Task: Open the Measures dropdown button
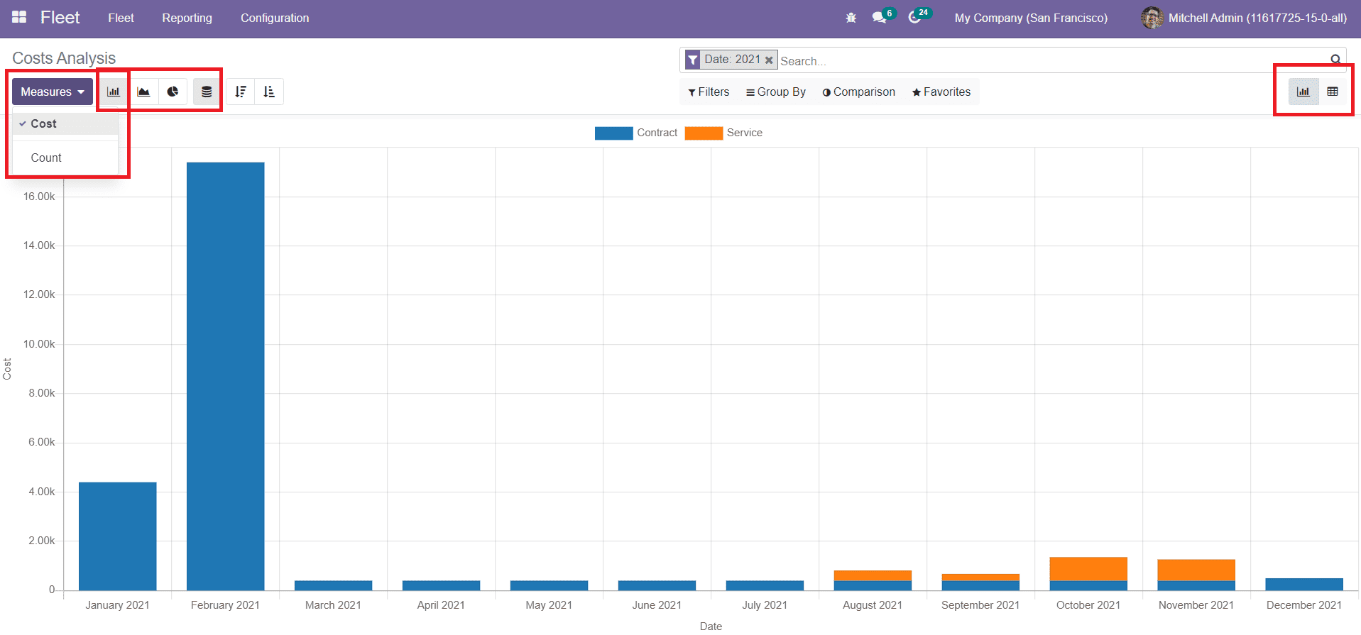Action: click(52, 92)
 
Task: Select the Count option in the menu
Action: click(46, 158)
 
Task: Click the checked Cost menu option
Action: click(43, 123)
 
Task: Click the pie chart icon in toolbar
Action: click(173, 92)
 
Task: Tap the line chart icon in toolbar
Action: click(143, 92)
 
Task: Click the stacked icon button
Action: click(207, 92)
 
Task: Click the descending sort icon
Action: click(241, 92)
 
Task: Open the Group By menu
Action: click(775, 92)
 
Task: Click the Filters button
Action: click(709, 92)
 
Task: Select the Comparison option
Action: click(858, 92)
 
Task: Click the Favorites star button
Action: click(941, 92)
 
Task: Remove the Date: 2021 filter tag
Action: click(769, 60)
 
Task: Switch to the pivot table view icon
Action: click(1333, 92)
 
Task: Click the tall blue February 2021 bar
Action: click(225, 376)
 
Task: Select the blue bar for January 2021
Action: click(117, 536)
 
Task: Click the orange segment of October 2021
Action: click(1088, 569)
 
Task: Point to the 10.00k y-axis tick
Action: click(39, 344)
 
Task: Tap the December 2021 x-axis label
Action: click(1303, 605)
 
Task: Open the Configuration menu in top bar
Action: click(274, 18)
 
